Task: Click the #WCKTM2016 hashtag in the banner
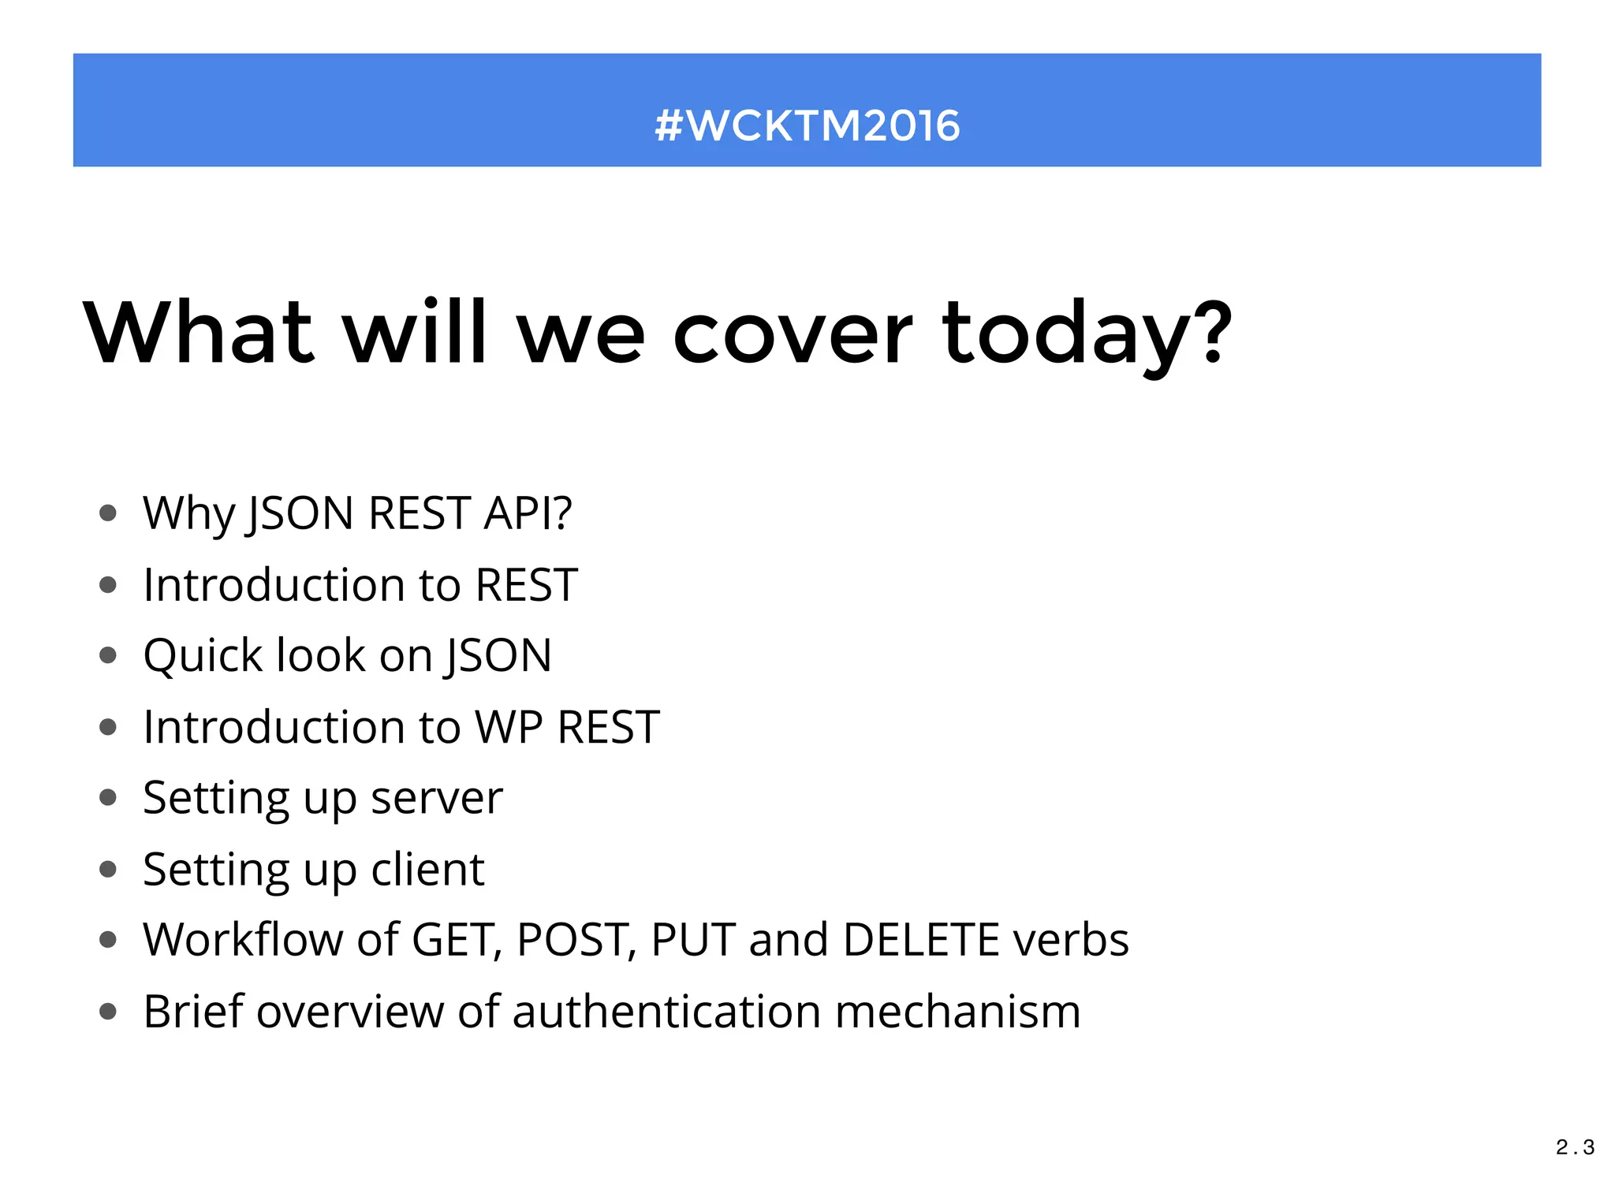click(x=807, y=125)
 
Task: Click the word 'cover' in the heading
click(x=792, y=334)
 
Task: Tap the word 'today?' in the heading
click(x=1086, y=335)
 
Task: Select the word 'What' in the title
click(x=200, y=334)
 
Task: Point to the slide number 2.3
click(x=1575, y=1147)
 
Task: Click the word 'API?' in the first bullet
click(x=528, y=513)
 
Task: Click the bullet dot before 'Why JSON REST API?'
click(x=108, y=514)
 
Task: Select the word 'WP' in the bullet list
click(x=509, y=727)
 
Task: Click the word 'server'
click(x=436, y=799)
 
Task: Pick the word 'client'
click(x=427, y=870)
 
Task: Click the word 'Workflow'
click(x=243, y=940)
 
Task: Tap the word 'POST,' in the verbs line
click(x=576, y=940)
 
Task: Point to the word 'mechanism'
click(x=957, y=1012)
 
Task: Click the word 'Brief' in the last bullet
click(x=193, y=1012)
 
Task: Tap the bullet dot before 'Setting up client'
click(x=108, y=870)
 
